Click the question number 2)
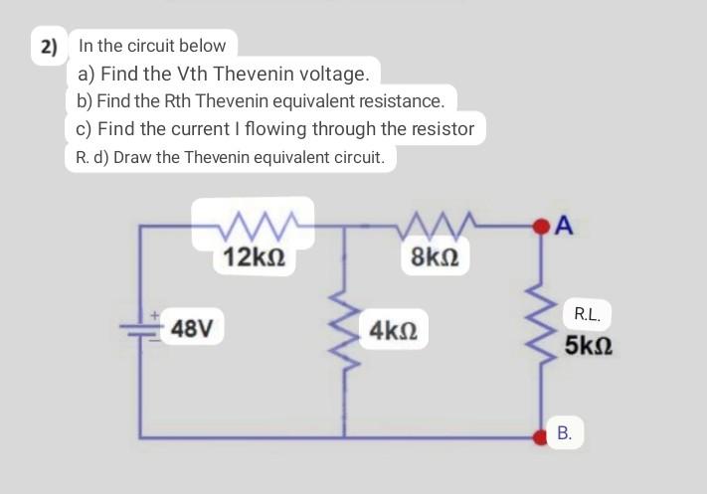(x=49, y=47)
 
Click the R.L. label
(x=587, y=315)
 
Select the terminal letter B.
(x=564, y=433)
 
